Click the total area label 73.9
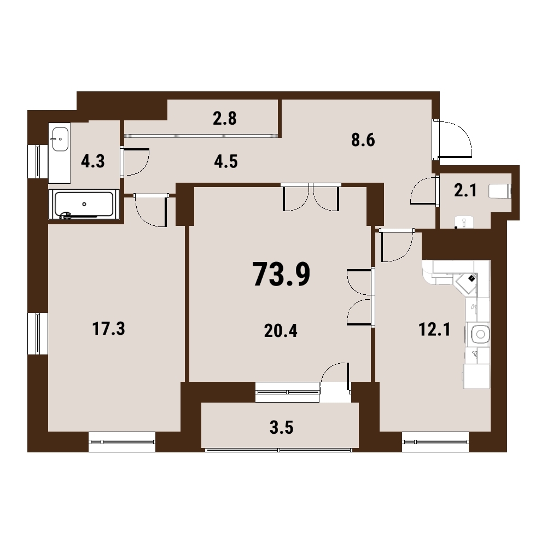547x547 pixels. coord(281,275)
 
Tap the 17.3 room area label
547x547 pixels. coord(108,329)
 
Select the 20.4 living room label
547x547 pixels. coord(281,331)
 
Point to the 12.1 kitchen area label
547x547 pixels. coord(434,330)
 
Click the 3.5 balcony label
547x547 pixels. coord(282,428)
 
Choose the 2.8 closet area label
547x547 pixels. coord(225,119)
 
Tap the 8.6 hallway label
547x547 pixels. coord(363,140)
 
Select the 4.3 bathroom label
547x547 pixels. coord(93,162)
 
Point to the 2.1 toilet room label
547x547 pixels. coord(465,191)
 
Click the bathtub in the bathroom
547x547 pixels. coord(84,205)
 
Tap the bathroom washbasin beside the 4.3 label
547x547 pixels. coord(60,139)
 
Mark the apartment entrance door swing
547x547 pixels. coord(453,138)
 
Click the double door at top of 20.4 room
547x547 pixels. coord(311,197)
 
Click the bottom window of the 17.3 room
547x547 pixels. coord(122,441)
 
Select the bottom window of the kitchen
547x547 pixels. coord(435,441)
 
